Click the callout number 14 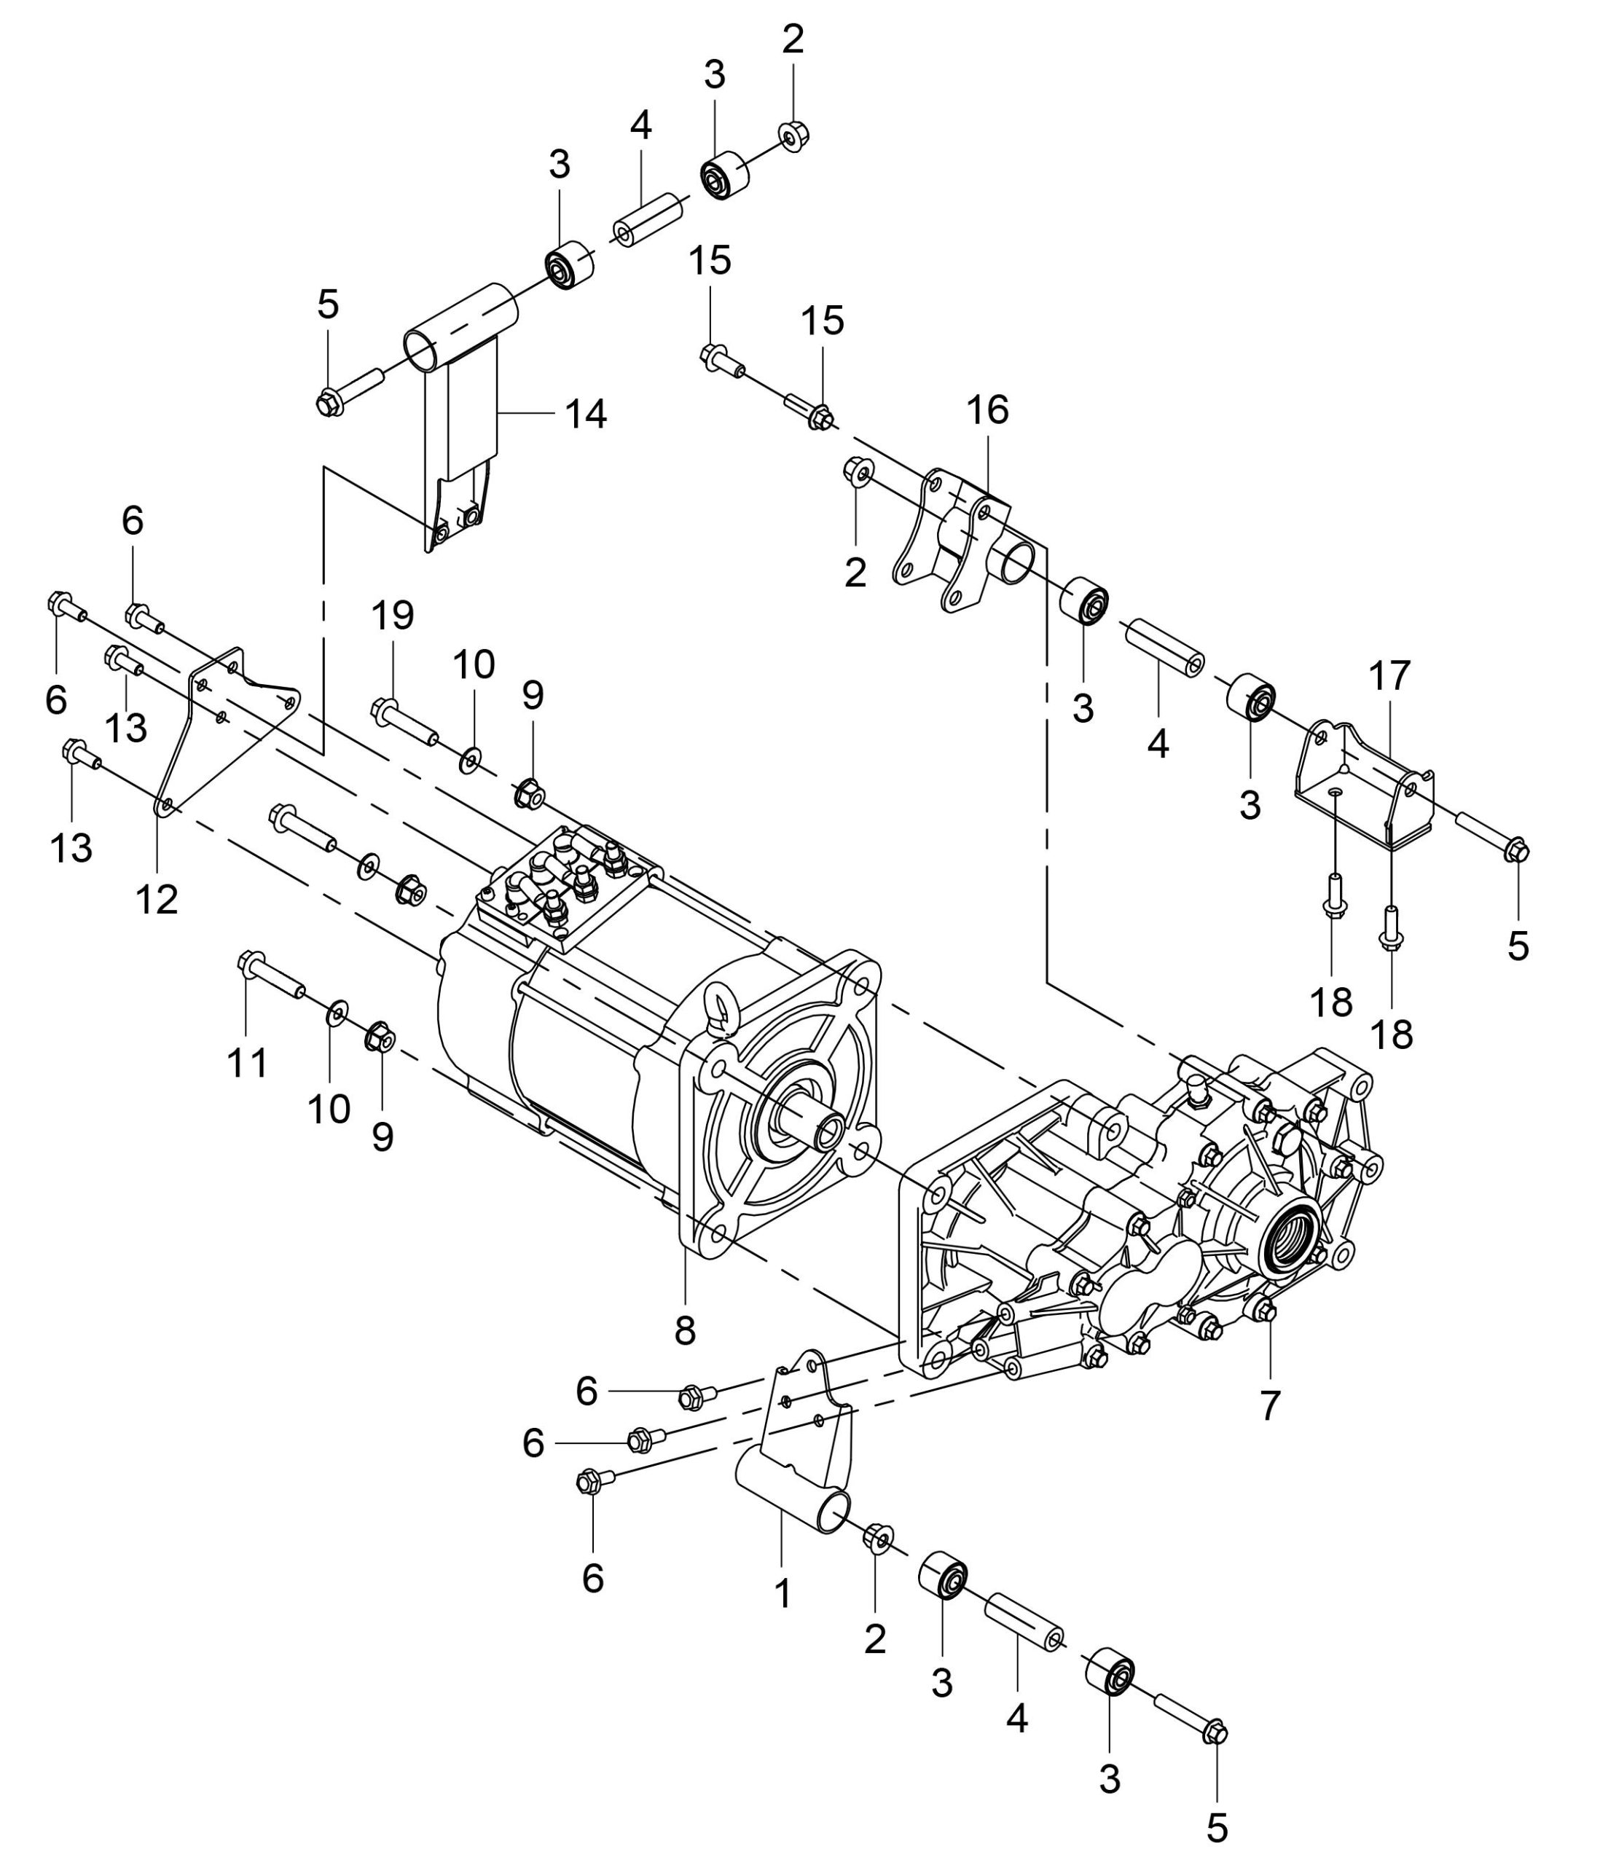point(586,415)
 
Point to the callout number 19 point(393,616)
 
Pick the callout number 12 point(157,899)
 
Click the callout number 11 point(247,1063)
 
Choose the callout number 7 point(1269,1406)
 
